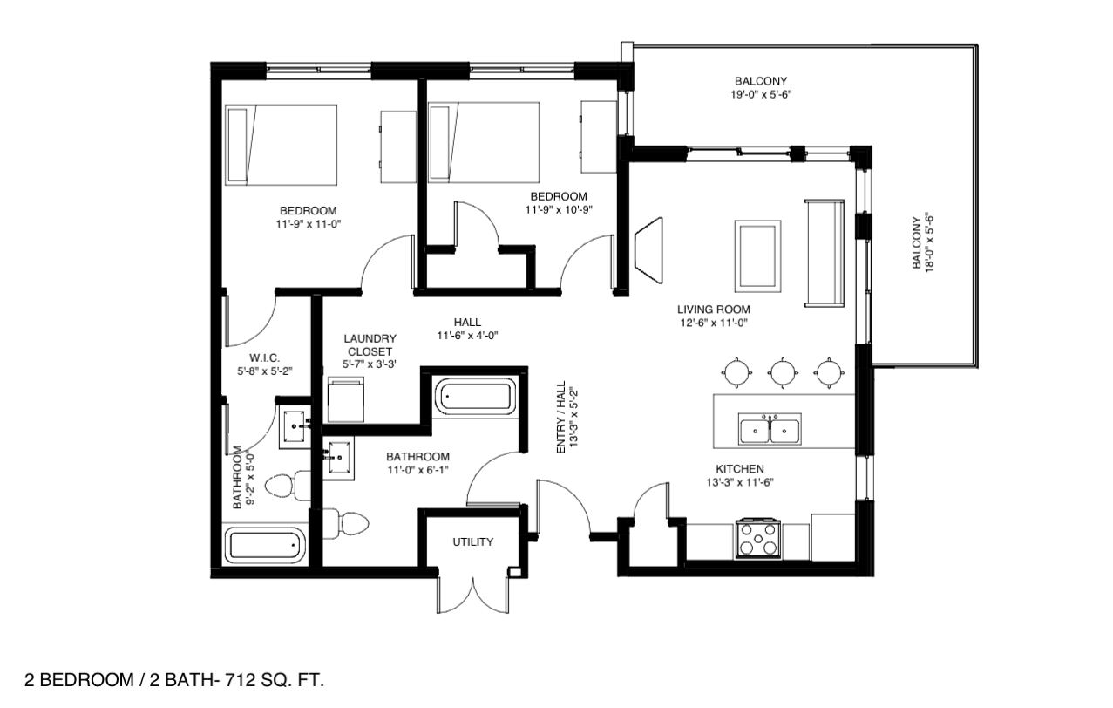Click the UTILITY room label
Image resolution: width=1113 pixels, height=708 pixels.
tap(472, 542)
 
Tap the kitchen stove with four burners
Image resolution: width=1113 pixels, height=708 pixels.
tap(757, 539)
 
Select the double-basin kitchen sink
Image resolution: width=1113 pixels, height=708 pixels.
tap(769, 429)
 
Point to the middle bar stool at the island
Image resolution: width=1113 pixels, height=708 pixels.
tap(783, 372)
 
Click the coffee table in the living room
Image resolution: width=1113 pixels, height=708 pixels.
tap(757, 256)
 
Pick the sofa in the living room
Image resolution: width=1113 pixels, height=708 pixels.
tap(825, 254)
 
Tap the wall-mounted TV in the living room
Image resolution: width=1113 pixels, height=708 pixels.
tap(649, 250)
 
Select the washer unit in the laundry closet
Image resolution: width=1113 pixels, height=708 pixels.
tap(346, 399)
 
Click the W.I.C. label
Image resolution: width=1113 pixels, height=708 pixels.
tap(264, 358)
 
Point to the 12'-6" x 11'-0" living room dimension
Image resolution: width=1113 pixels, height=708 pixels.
tap(714, 323)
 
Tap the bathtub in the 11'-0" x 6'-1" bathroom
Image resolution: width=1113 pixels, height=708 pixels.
tap(475, 397)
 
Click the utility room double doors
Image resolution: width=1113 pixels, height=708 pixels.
tap(473, 595)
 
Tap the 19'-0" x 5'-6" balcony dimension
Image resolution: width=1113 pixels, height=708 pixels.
tap(761, 94)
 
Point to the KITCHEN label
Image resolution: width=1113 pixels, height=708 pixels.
tap(740, 469)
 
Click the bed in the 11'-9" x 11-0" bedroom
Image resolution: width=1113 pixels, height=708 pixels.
tap(281, 145)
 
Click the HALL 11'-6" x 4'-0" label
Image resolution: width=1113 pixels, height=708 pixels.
tap(467, 329)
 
